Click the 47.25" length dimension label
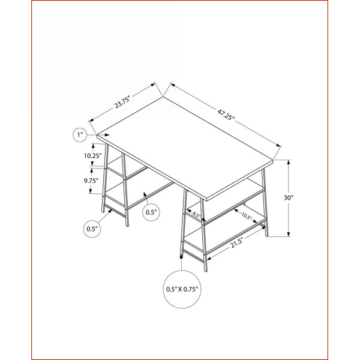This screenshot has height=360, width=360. [226, 115]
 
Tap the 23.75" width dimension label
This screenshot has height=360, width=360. [122, 103]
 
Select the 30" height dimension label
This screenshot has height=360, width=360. [289, 197]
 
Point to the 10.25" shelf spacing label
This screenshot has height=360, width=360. [93, 155]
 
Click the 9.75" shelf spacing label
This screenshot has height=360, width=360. [91, 181]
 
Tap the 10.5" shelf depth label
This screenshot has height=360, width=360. [247, 216]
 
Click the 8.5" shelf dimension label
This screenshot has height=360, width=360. [197, 215]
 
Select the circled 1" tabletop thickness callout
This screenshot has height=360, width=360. [80, 135]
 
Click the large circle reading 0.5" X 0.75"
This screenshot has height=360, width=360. [182, 289]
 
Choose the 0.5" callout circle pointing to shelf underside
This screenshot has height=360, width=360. [151, 212]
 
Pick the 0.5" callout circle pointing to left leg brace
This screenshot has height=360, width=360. [92, 229]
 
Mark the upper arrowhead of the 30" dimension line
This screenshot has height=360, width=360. [289, 162]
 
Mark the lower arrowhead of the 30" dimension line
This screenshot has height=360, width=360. [289, 234]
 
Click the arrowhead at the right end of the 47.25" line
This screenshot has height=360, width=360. [279, 145]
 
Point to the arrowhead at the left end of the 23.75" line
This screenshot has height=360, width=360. [91, 120]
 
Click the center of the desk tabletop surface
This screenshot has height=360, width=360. [185, 147]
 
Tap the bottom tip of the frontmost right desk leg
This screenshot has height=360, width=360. [206, 271]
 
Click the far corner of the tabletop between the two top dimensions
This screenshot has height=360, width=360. [163, 97]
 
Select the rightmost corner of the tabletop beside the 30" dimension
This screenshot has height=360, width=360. [273, 160]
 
